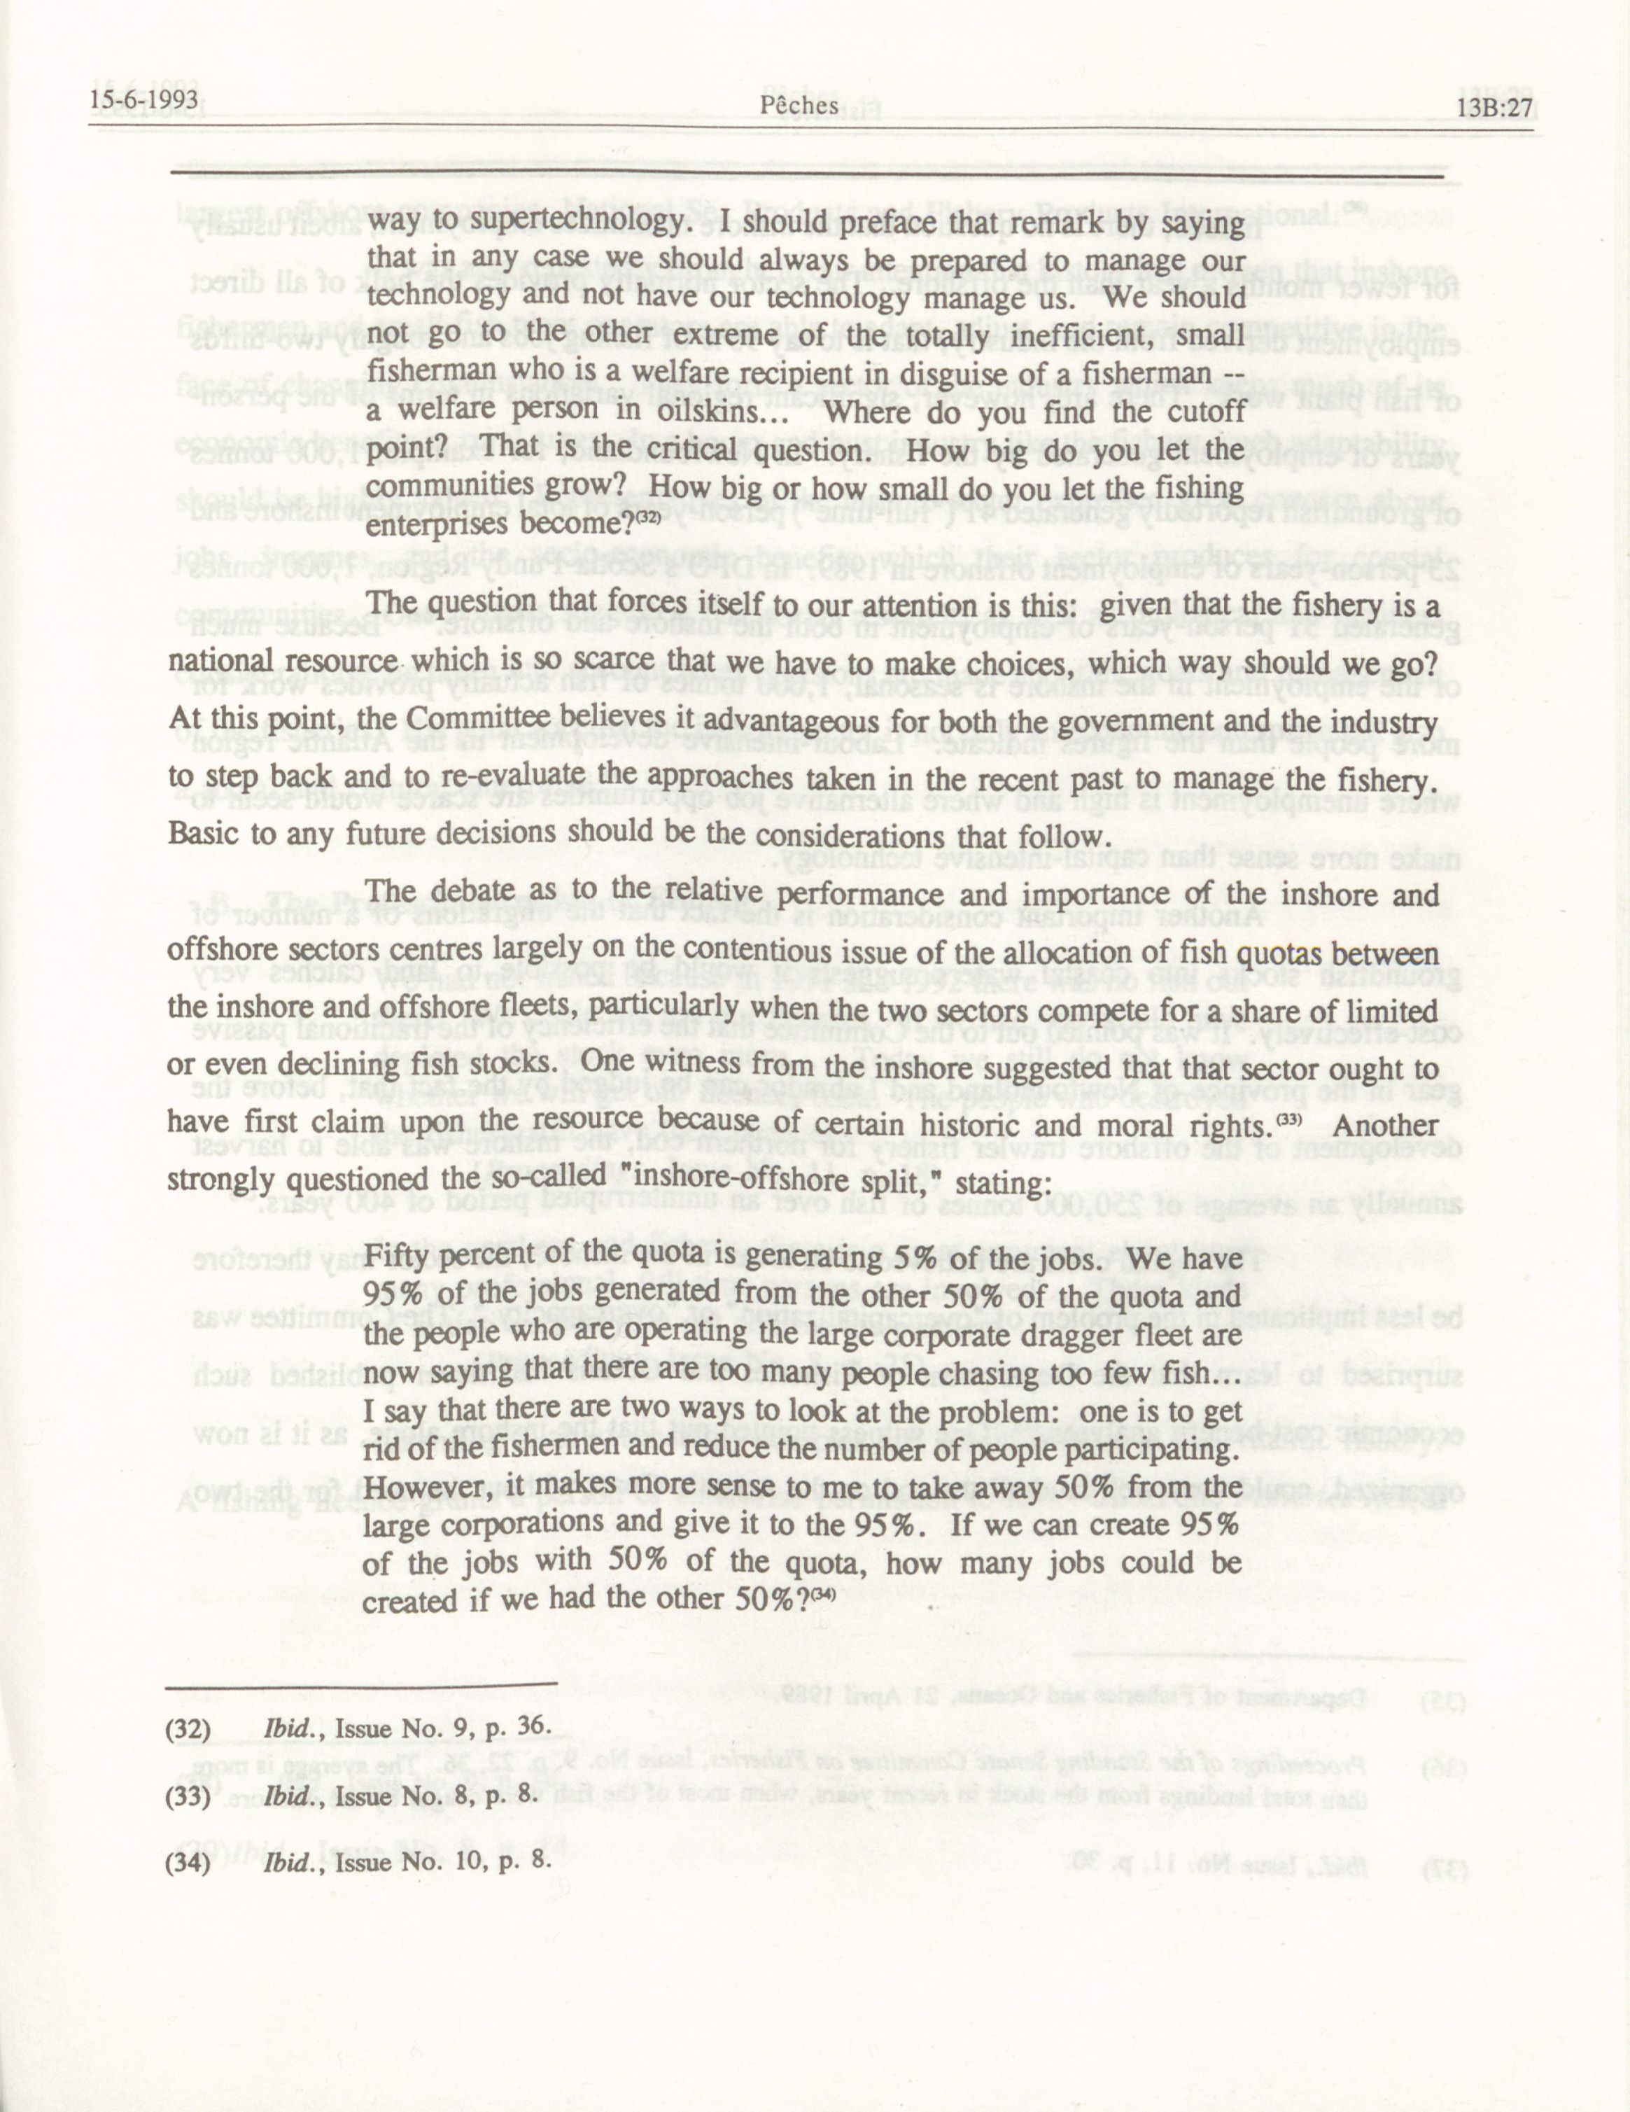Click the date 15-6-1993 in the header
[143, 101]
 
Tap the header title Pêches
[799, 104]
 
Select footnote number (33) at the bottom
[190, 1797]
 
